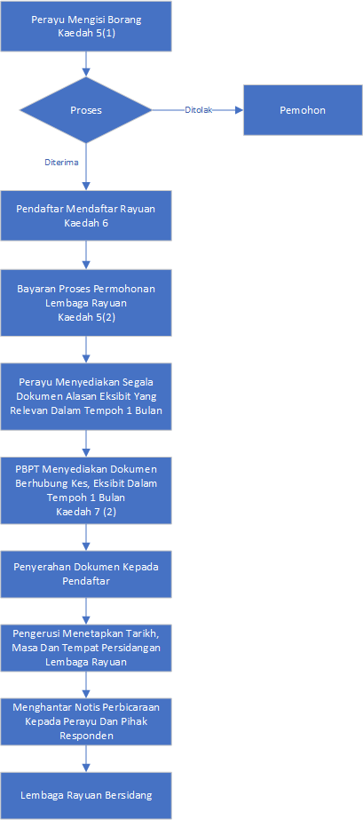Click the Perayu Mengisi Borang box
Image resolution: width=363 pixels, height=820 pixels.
pyautogui.click(x=86, y=26)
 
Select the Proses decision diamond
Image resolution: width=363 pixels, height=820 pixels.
pyautogui.click(x=86, y=110)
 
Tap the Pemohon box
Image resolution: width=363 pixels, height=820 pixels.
pyautogui.click(x=303, y=110)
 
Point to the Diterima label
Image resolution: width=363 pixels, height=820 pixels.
pyautogui.click(x=61, y=162)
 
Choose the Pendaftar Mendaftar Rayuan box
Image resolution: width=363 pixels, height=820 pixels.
pyautogui.click(x=86, y=215)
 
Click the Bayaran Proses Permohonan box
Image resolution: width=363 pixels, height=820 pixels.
pyautogui.click(x=86, y=303)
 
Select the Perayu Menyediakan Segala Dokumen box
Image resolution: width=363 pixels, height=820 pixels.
pyautogui.click(x=86, y=396)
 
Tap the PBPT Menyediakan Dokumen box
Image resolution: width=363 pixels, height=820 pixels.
pyautogui.click(x=86, y=490)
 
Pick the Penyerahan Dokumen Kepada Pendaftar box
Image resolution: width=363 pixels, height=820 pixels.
pyautogui.click(x=86, y=573)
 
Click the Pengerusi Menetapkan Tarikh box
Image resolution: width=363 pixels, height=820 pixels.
pyautogui.click(x=86, y=647)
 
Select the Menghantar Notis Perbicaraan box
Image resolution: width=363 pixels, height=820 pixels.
pyautogui.click(x=86, y=721)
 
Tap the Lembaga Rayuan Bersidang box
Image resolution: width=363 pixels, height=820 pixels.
pyautogui.click(x=86, y=795)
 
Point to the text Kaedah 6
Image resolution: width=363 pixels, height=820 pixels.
pyautogui.click(x=86, y=223)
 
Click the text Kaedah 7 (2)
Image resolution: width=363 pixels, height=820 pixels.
pyautogui.click(x=86, y=512)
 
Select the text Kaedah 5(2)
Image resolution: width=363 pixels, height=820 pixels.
pyautogui.click(x=86, y=317)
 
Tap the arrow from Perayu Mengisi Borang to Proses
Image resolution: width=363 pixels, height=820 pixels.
pyautogui.click(x=86, y=64)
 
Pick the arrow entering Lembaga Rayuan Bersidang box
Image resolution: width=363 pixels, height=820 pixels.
pyautogui.click(x=86, y=760)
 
